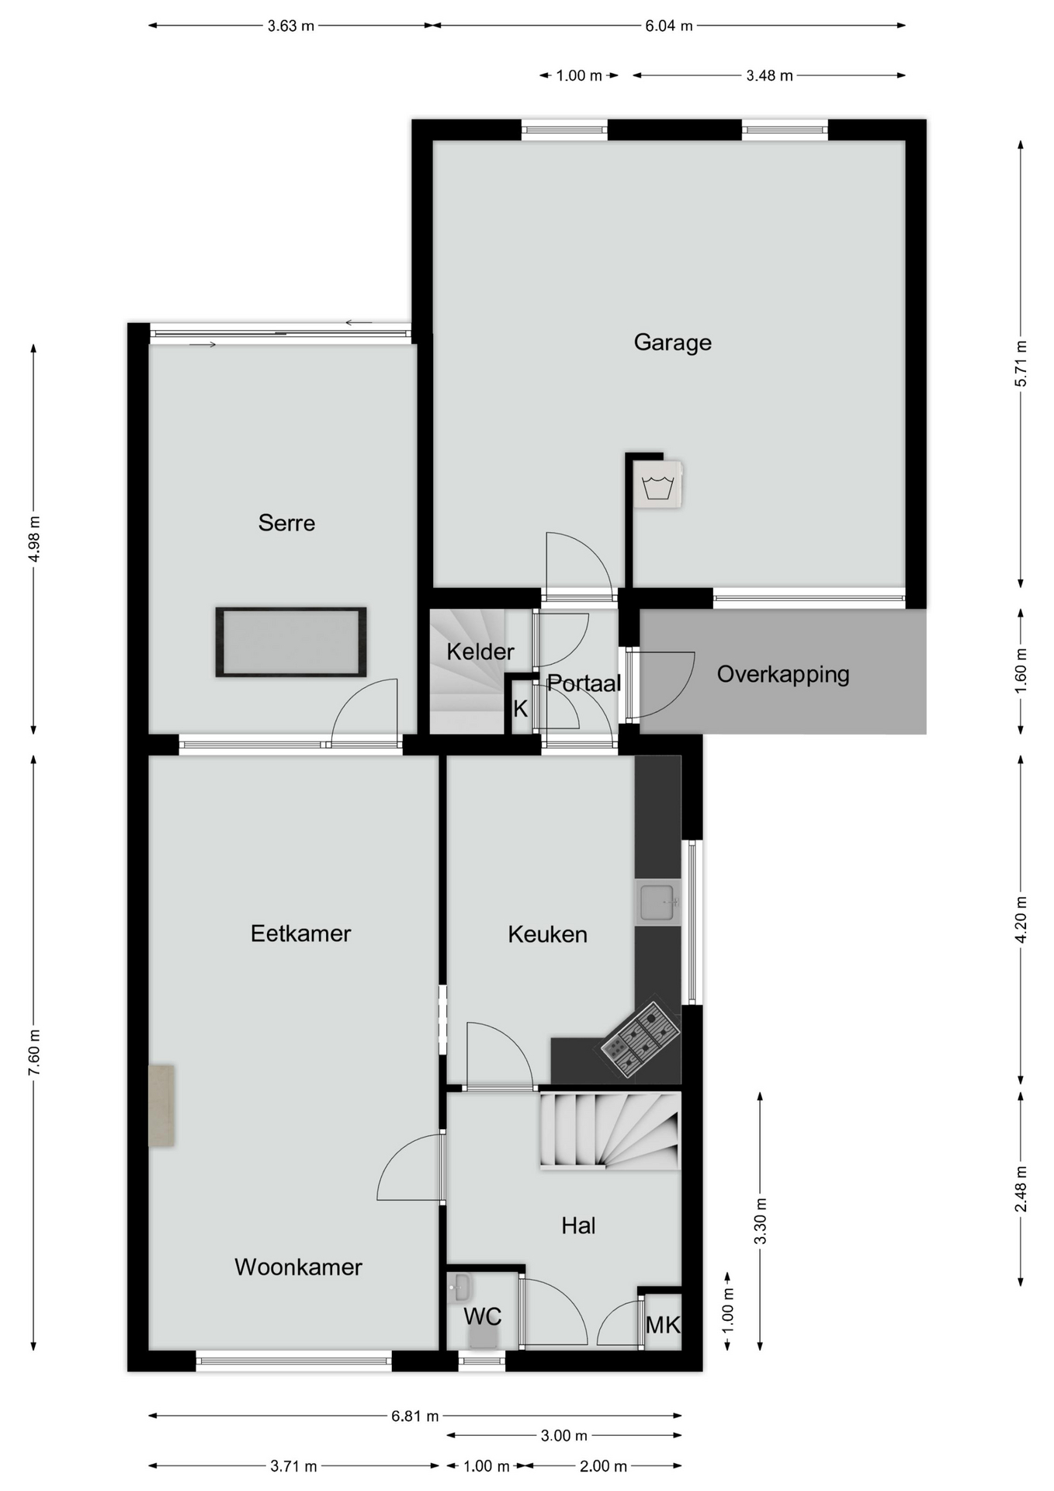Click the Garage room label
click(x=672, y=342)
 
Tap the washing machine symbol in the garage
click(x=657, y=485)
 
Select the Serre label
click(x=286, y=523)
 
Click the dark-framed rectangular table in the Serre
click(x=291, y=642)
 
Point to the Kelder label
click(x=480, y=652)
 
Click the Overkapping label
click(x=783, y=674)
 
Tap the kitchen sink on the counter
click(x=657, y=902)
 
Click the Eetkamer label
click(x=300, y=933)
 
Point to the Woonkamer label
click(x=298, y=1267)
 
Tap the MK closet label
click(x=663, y=1325)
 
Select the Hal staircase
click(x=610, y=1130)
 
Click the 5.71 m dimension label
click(x=1021, y=364)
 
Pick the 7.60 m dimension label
click(x=34, y=1053)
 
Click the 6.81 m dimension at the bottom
click(x=415, y=1416)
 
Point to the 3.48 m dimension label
click(x=769, y=75)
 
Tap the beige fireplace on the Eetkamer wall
click(x=161, y=1106)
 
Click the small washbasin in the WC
click(x=459, y=1288)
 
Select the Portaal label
click(x=584, y=683)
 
